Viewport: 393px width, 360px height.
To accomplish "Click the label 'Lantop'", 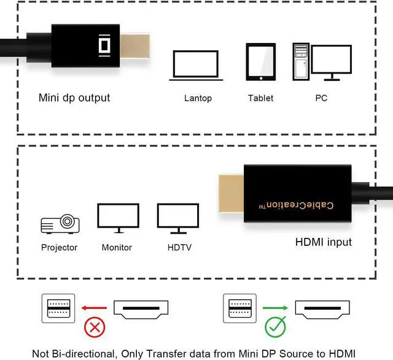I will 198,98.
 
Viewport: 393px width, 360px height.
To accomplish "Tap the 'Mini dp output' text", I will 74,98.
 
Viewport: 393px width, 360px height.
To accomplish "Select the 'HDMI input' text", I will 324,242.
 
